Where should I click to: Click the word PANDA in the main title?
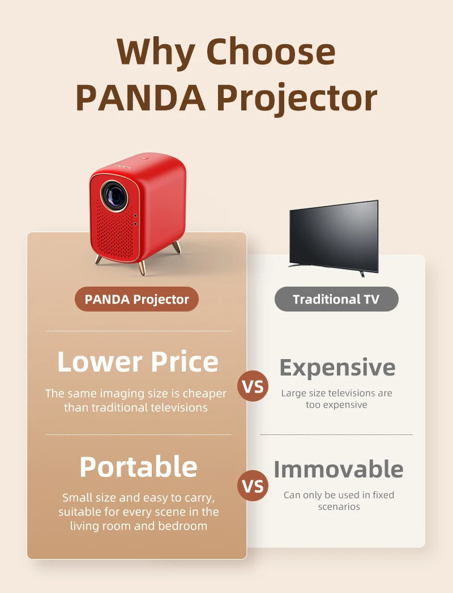point(140,98)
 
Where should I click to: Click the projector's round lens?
point(114,195)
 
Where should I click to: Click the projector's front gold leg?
point(141,267)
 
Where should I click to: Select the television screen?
point(334,235)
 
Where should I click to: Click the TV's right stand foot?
point(361,274)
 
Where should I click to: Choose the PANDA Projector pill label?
point(136,299)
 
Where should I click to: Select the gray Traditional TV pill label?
point(336,299)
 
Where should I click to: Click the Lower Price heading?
point(138,362)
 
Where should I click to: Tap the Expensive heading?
point(337,368)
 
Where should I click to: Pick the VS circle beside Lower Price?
point(253,386)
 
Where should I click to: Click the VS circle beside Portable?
point(253,485)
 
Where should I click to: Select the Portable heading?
point(138,467)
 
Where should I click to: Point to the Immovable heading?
point(339,470)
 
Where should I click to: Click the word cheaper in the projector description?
point(204,393)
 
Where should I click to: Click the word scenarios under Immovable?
point(339,506)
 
